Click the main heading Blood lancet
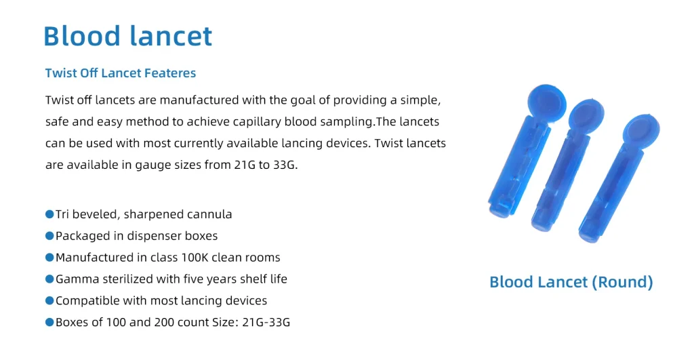127,36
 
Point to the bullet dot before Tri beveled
49,214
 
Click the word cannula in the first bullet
209,214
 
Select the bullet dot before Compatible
49,301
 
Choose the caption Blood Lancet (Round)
571,282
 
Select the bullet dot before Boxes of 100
49,323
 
